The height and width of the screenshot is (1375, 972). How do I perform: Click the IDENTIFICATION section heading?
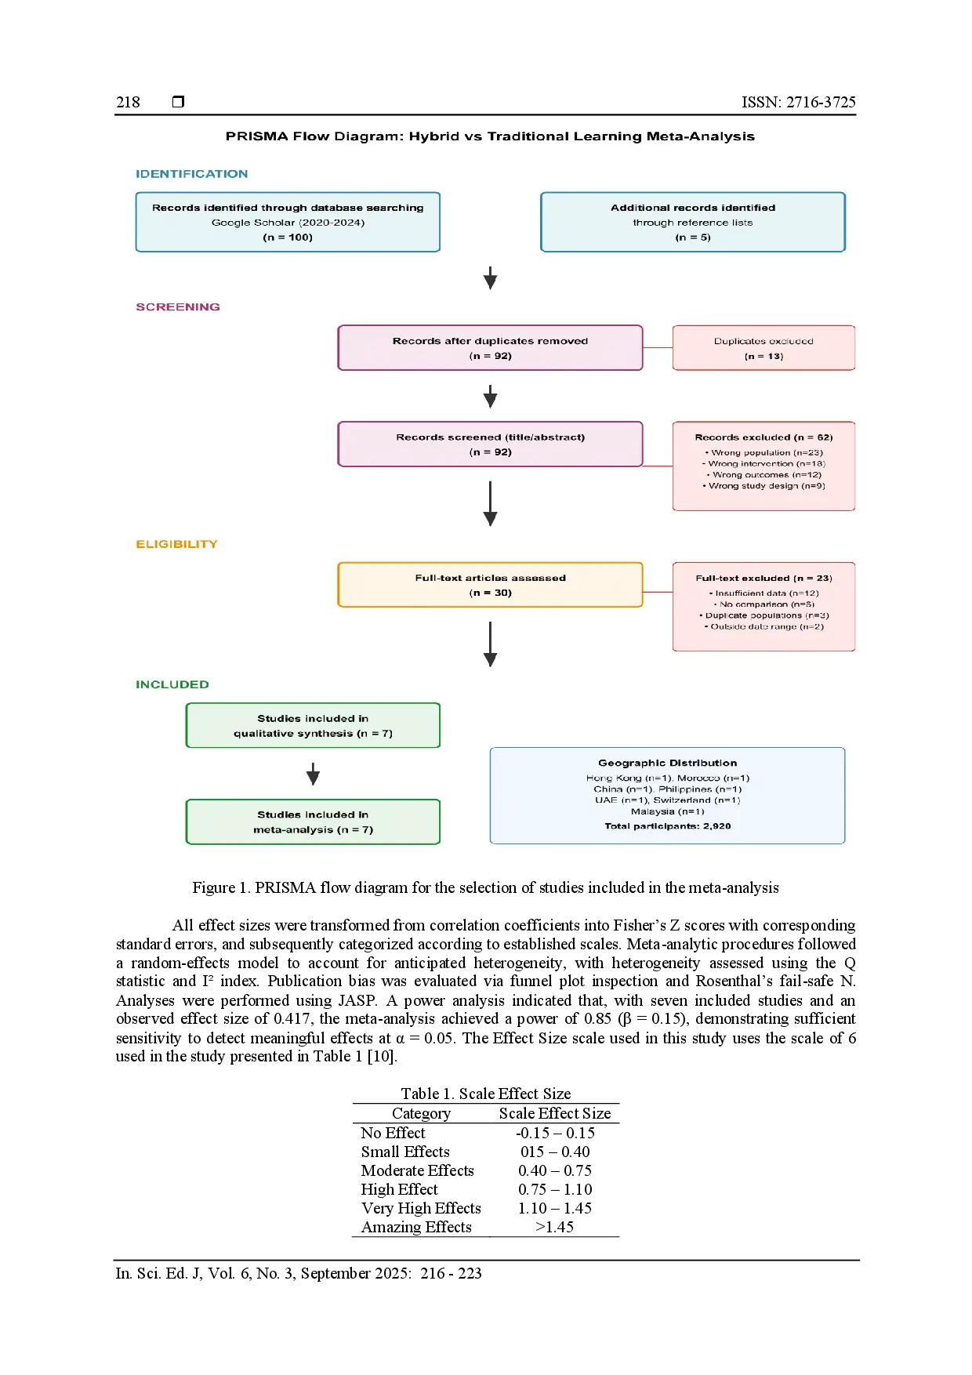pyautogui.click(x=191, y=174)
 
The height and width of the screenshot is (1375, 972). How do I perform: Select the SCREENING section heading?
pyautogui.click(x=178, y=307)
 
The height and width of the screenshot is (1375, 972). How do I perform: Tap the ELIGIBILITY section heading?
pyautogui.click(x=176, y=544)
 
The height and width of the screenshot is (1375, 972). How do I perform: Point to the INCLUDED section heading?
pyautogui.click(x=172, y=684)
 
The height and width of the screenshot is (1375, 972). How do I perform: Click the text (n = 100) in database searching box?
pyautogui.click(x=288, y=238)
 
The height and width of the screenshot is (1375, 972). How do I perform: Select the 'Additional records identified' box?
pyautogui.click(x=693, y=222)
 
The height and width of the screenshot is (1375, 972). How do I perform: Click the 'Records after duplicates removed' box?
pyautogui.click(x=490, y=348)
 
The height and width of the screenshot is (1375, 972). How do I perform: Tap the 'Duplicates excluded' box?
pyautogui.click(x=763, y=348)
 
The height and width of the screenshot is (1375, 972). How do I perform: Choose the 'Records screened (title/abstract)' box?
pyautogui.click(x=490, y=444)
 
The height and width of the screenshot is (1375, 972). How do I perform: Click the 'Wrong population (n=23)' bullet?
pyautogui.click(x=764, y=452)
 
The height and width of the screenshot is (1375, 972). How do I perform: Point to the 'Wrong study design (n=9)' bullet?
pyautogui.click(x=764, y=486)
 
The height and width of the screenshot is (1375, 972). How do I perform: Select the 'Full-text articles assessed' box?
pyautogui.click(x=490, y=585)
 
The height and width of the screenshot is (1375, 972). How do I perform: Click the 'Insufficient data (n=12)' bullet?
pyautogui.click(x=764, y=593)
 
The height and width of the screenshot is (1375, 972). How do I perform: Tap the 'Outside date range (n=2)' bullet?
pyautogui.click(x=764, y=626)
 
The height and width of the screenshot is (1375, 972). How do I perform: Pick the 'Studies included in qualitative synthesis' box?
pyautogui.click(x=313, y=726)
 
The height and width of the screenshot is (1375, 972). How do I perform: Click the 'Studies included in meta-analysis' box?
pyautogui.click(x=313, y=822)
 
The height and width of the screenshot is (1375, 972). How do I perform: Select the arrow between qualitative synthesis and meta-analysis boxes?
pyautogui.click(x=313, y=775)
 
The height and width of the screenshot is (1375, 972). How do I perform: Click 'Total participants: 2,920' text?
pyautogui.click(x=668, y=826)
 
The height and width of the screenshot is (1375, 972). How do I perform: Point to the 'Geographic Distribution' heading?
pyautogui.click(x=668, y=763)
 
